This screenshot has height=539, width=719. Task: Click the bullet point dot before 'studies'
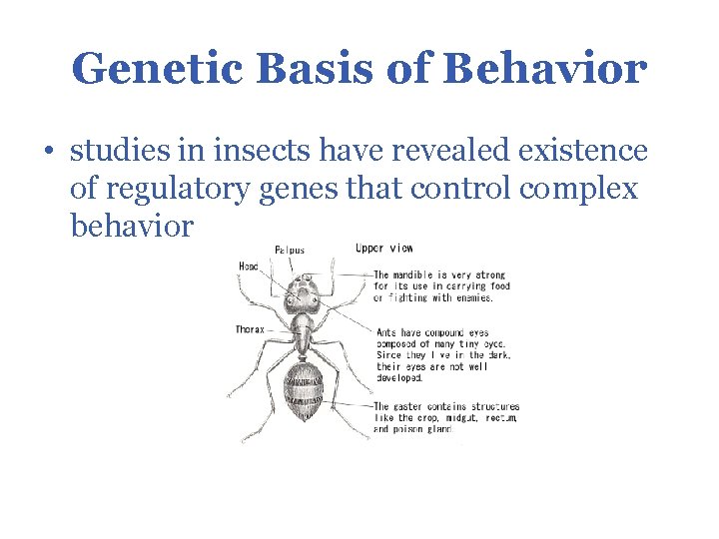click(49, 153)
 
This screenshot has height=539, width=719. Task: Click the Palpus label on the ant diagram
click(291, 250)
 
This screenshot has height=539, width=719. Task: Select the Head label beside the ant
click(249, 266)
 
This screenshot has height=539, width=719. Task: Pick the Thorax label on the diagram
click(250, 328)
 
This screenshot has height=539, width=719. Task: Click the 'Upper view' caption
click(383, 248)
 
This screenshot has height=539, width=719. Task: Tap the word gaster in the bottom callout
click(412, 406)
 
